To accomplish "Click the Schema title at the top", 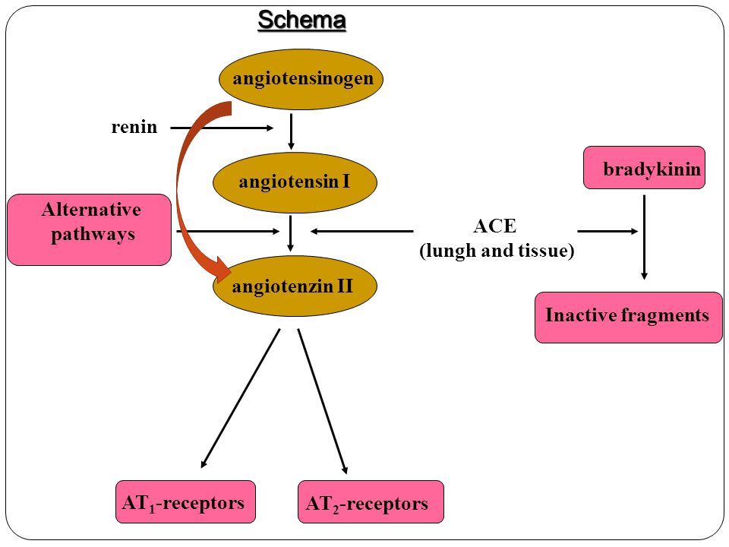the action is point(301,21).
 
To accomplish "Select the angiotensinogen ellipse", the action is point(301,80).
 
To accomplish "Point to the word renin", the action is point(134,127).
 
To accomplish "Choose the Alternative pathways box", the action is point(90,229).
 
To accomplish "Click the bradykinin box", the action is point(645,167).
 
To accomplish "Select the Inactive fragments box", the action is point(629,318).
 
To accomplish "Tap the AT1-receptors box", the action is point(185,502).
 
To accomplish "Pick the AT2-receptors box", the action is point(371,502).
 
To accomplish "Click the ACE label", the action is point(494,226).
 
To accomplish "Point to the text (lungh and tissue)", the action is point(497,251).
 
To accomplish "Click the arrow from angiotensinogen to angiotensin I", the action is point(291,131).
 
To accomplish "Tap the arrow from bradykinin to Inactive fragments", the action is point(645,237).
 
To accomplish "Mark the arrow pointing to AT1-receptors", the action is point(241,398).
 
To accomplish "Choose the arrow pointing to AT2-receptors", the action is point(323,401).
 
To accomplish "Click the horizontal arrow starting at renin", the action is point(222,128).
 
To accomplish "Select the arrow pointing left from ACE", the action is point(361,231).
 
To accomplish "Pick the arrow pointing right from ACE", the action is point(607,231).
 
